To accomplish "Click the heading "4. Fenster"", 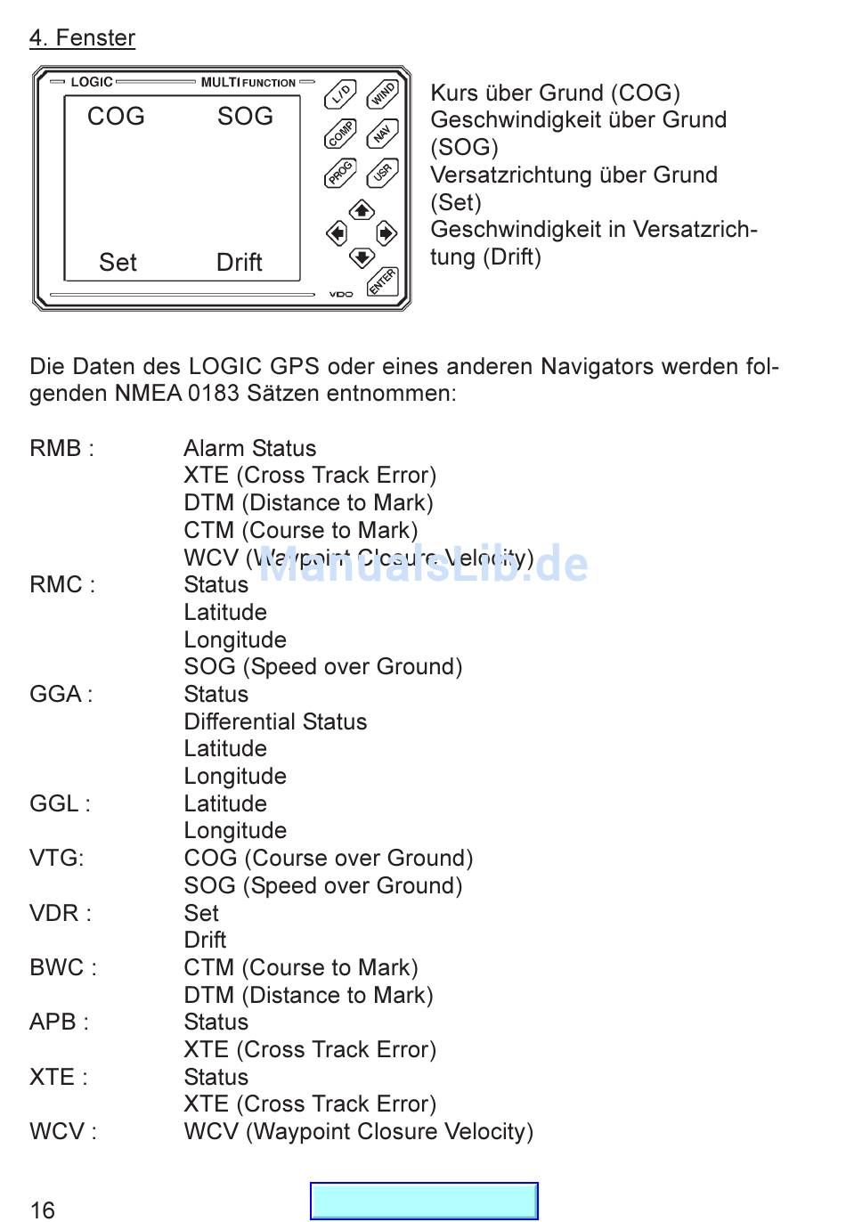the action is (x=82, y=38).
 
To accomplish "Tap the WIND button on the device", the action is (x=383, y=93).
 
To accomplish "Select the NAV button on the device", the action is (x=383, y=134).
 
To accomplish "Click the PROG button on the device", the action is (x=340, y=173).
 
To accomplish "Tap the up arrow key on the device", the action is (x=362, y=210).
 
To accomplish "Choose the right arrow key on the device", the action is (x=386, y=233).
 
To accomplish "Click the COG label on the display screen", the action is (x=116, y=117).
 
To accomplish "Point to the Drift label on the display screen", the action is (x=240, y=263).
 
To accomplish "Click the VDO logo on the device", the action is (x=341, y=294).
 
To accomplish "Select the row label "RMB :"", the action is (x=61, y=448).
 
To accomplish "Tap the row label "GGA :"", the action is (x=61, y=694).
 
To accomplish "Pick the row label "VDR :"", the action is (x=61, y=913).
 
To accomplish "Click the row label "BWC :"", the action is (x=63, y=967).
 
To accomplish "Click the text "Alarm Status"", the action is (x=250, y=448).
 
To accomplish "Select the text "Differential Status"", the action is (x=275, y=721).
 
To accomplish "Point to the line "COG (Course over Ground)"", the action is (x=329, y=858).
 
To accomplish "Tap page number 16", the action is (x=43, y=1210).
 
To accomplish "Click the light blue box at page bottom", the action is (x=424, y=1201).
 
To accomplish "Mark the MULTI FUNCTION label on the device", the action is (x=248, y=82).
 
